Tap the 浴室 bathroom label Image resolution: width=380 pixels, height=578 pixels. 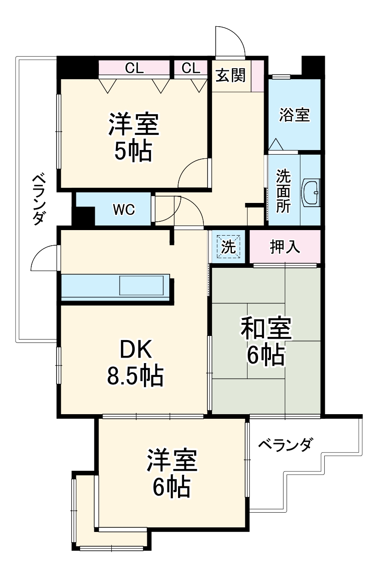[x=294, y=115]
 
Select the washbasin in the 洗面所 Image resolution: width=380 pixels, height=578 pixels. [x=311, y=192]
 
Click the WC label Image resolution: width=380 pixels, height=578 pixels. [x=124, y=210]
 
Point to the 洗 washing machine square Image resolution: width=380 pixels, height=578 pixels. [x=229, y=247]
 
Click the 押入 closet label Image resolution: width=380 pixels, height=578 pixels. [x=285, y=247]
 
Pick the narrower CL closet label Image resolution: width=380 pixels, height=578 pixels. [x=191, y=69]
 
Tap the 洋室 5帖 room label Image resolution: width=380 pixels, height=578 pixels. [x=133, y=137]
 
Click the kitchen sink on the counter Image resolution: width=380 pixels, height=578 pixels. [x=141, y=286]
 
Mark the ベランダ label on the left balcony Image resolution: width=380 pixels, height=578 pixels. [x=40, y=199]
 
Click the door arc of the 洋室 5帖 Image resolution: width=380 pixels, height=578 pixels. [x=193, y=173]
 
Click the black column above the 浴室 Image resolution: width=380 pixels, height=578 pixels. [x=313, y=66]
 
